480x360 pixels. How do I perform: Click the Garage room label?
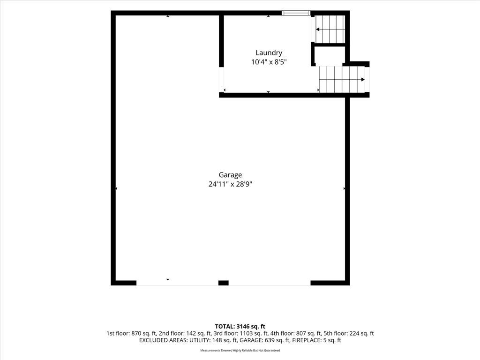(230, 175)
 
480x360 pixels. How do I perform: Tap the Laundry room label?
(269, 53)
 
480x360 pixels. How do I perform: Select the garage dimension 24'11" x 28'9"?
(230, 184)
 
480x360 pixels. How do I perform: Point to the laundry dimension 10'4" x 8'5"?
(269, 62)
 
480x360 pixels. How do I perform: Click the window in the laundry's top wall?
(296, 13)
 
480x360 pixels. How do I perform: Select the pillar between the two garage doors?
(224, 283)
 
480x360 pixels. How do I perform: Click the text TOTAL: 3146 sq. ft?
(240, 326)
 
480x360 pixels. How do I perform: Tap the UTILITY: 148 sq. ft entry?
(213, 340)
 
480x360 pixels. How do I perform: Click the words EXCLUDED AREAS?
(163, 340)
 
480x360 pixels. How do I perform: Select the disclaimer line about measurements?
(240, 351)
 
